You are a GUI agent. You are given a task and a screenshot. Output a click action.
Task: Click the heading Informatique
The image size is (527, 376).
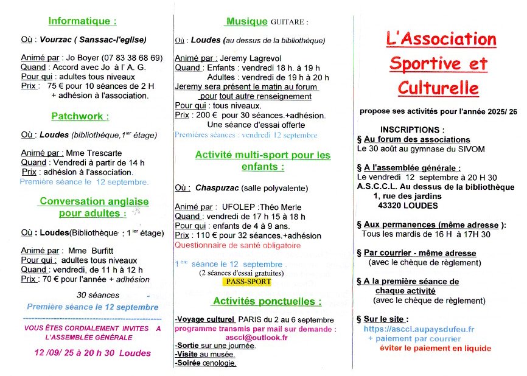[82, 21]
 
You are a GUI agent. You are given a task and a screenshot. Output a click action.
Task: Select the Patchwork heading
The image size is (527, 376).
[80, 116]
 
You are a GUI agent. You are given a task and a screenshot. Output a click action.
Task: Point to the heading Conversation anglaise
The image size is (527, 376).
[94, 201]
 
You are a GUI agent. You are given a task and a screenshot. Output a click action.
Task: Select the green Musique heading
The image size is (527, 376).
[246, 21]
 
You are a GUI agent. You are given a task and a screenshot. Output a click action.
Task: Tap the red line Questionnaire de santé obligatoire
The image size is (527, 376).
[237, 245]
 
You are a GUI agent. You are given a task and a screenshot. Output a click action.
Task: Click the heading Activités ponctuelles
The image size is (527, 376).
[267, 302]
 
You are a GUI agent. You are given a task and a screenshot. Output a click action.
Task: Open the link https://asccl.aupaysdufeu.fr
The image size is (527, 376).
[419, 329]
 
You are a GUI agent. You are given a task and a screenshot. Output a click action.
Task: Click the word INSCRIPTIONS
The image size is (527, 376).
[412, 130]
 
